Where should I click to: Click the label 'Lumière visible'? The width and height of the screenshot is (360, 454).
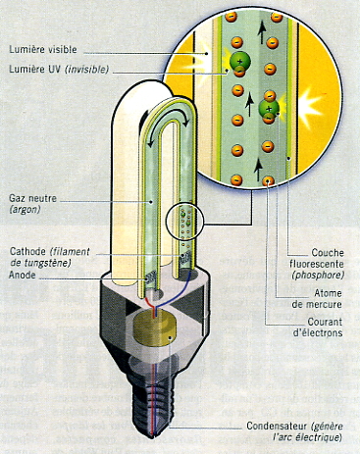tap(43, 50)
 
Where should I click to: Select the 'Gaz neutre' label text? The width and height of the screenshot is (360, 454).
tap(32, 198)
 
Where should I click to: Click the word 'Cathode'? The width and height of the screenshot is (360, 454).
tap(28, 251)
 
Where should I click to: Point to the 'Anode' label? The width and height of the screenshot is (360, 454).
tap(22, 275)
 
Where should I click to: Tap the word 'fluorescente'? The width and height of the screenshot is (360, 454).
tap(317, 264)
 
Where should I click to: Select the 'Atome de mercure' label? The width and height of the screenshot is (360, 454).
tap(317, 298)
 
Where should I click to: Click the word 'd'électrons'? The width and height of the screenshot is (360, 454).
tap(318, 332)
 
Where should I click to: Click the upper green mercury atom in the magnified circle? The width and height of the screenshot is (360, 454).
tap(240, 61)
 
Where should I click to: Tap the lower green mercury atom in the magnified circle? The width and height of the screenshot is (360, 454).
tap(269, 108)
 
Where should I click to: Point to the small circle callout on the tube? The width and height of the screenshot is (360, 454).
tap(185, 223)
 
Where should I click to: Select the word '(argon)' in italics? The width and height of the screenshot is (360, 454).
tap(25, 210)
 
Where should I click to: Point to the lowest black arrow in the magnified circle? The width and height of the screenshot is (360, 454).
tap(258, 170)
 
